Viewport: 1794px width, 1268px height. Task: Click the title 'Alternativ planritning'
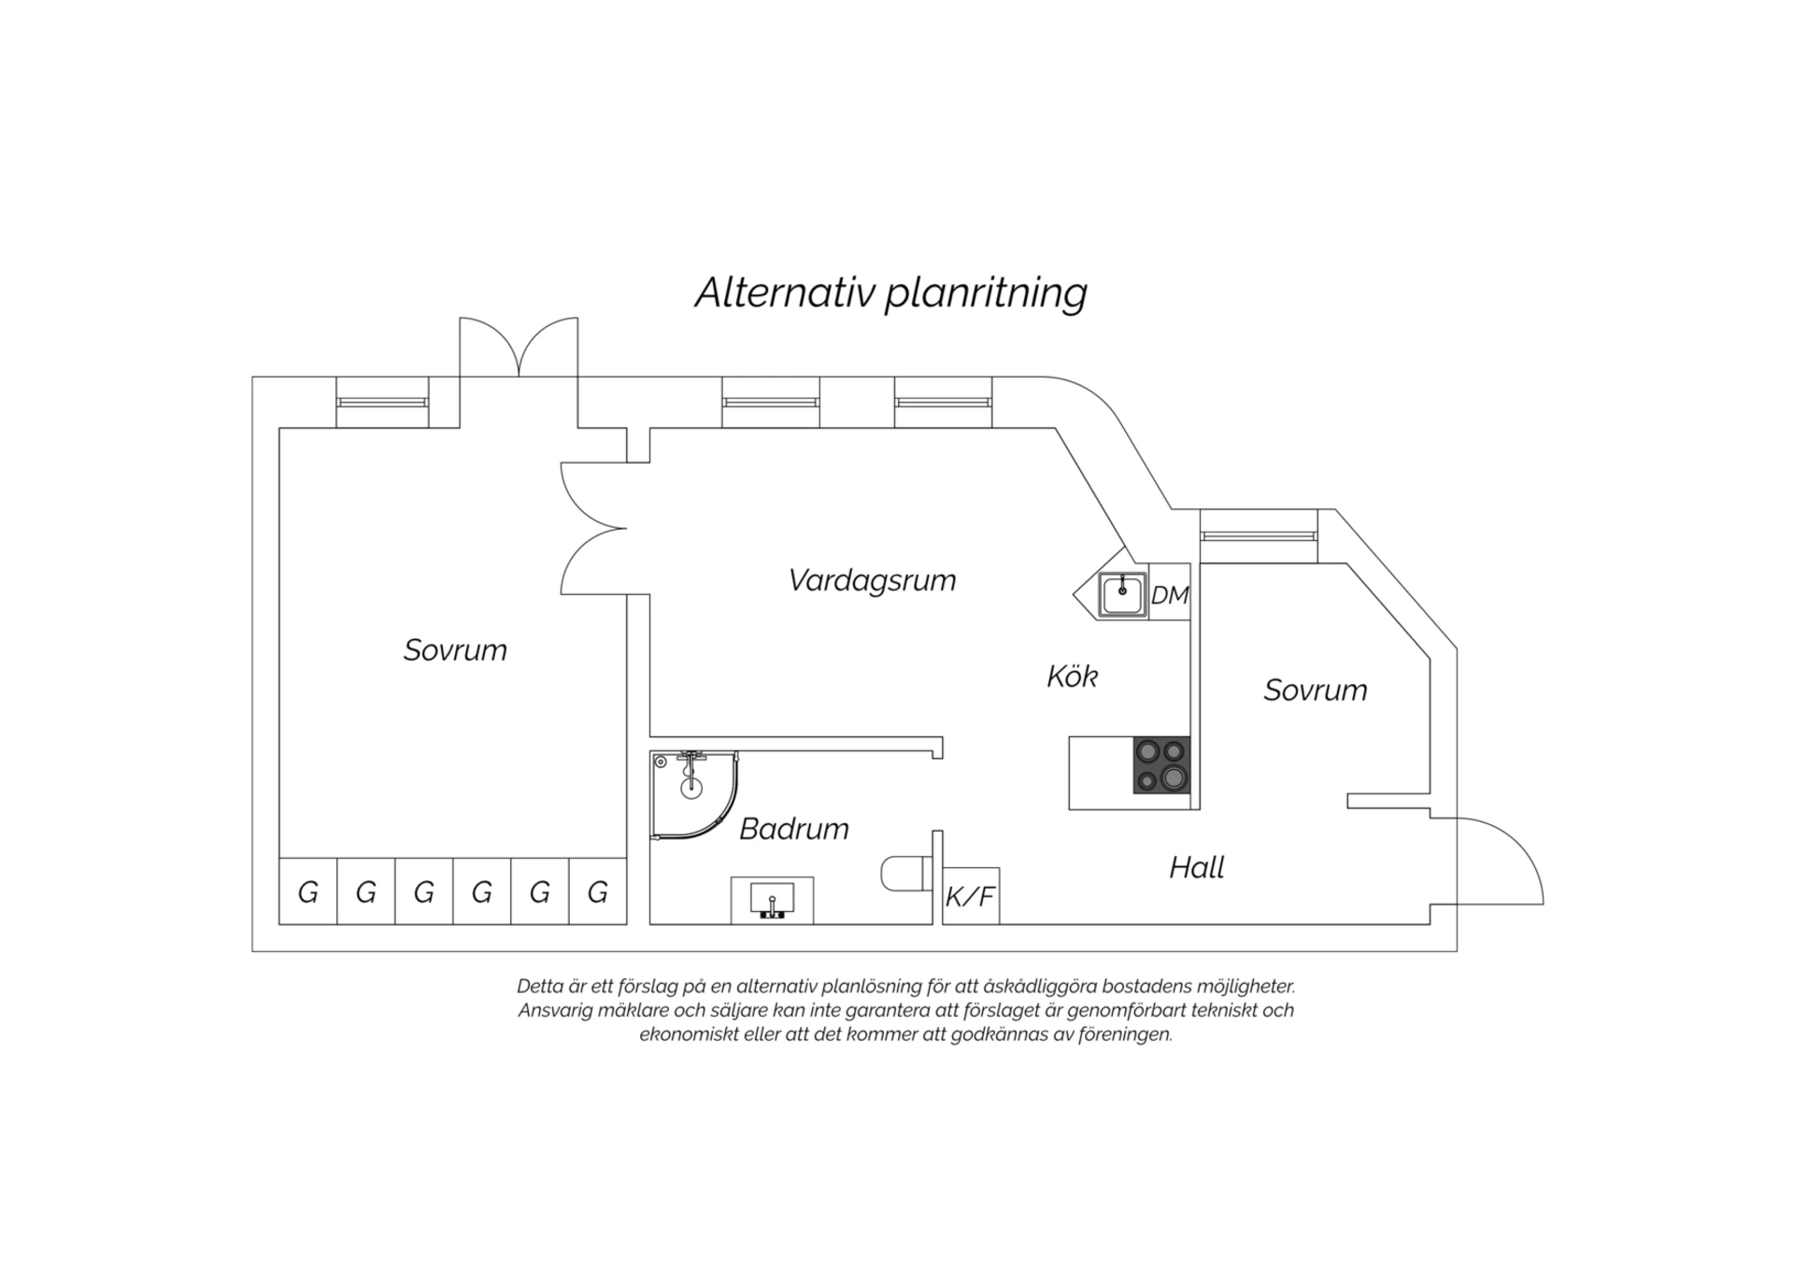(x=891, y=292)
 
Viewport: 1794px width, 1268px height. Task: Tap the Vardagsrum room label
(x=872, y=579)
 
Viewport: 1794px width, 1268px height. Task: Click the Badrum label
(x=794, y=828)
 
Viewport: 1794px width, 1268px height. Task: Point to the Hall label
(x=1197, y=867)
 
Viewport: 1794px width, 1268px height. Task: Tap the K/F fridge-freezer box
(x=972, y=896)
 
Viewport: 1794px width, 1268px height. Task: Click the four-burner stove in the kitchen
(x=1162, y=765)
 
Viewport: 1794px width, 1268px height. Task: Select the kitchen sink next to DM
(x=1122, y=595)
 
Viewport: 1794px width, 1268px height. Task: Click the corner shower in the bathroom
(x=694, y=794)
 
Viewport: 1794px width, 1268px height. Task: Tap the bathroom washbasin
(x=772, y=900)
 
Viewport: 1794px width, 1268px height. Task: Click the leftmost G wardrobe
(x=308, y=891)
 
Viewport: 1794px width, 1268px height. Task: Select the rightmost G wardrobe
(x=598, y=891)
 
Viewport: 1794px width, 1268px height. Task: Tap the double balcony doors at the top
(x=519, y=347)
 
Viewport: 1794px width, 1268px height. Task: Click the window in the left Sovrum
(x=382, y=403)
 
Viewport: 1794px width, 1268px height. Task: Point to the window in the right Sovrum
(x=1259, y=536)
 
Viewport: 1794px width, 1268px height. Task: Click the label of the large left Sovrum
(x=455, y=649)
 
